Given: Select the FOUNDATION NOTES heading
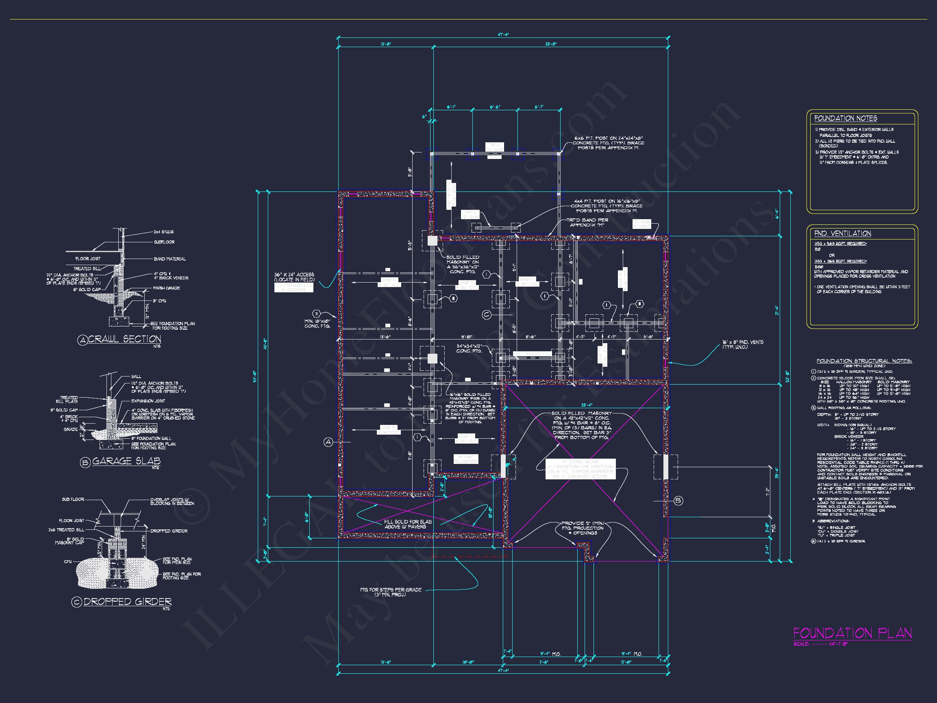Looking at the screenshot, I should (845, 119).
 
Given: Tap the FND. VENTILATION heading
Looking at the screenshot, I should (842, 233).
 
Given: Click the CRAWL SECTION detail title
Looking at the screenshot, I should (124, 339).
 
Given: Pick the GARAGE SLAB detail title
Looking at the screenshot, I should (126, 461).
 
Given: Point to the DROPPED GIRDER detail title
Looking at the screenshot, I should (127, 602).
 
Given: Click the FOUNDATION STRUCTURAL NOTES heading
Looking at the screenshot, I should (864, 361).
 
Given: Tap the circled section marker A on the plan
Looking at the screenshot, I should (328, 442).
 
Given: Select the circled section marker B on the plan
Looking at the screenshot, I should (678, 501).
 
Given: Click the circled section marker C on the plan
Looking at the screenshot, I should (486, 314).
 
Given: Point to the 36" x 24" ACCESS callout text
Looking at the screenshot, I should (294, 277).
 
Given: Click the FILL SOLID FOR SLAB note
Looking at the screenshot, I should (407, 524).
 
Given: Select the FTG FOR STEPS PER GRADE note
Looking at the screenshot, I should (390, 592).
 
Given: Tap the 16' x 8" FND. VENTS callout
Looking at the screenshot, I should (743, 344).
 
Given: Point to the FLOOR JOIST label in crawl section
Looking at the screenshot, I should (88, 259).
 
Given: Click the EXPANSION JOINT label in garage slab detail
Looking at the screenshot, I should (148, 401).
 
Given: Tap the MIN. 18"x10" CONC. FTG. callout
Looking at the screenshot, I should (317, 324).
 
